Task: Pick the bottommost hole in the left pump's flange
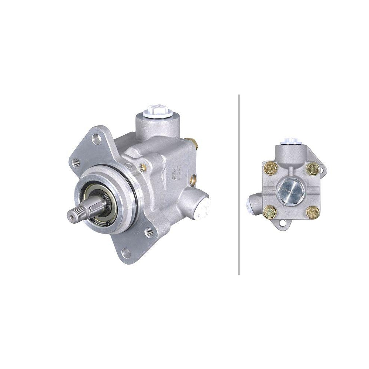click(x=126, y=253)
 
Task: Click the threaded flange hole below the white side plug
click(x=149, y=232)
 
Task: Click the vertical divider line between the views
click(x=239, y=184)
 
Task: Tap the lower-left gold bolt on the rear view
click(x=269, y=212)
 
